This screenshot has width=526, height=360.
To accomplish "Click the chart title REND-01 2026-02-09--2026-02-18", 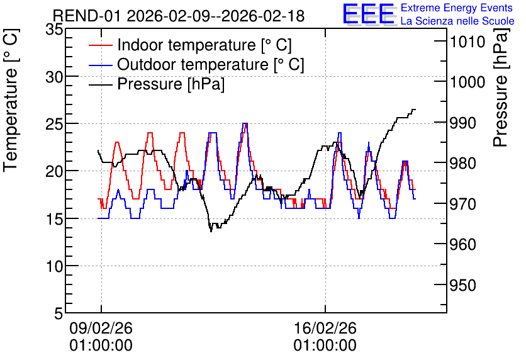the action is click(179, 16).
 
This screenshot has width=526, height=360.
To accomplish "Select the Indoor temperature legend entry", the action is click(190, 45).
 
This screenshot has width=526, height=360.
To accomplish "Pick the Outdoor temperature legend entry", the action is click(196, 64).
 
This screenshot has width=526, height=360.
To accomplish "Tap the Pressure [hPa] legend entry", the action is click(157, 84).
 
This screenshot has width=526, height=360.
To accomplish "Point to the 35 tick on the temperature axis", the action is click(54, 30).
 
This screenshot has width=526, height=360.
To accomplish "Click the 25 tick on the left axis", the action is click(54, 124).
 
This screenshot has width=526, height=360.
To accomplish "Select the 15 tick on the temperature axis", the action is click(54, 219).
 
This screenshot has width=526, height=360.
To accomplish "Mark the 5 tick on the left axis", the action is click(59, 313).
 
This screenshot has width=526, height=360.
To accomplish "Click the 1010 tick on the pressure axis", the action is click(467, 42).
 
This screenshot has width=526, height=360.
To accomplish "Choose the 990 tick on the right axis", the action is click(463, 123).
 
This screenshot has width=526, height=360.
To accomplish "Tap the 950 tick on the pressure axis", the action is click(463, 285).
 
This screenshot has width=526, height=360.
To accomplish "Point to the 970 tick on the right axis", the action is click(463, 204).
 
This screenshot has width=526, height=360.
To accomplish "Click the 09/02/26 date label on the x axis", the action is click(101, 336).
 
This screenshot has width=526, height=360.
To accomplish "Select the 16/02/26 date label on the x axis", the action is click(325, 336).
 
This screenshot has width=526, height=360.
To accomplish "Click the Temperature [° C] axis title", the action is click(11, 100).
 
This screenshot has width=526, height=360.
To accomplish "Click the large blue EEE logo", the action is click(369, 14).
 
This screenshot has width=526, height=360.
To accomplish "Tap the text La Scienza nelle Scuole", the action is click(457, 21).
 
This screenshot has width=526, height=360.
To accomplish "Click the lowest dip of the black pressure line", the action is click(211, 231).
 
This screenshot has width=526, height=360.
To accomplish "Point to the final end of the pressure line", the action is click(415, 110).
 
